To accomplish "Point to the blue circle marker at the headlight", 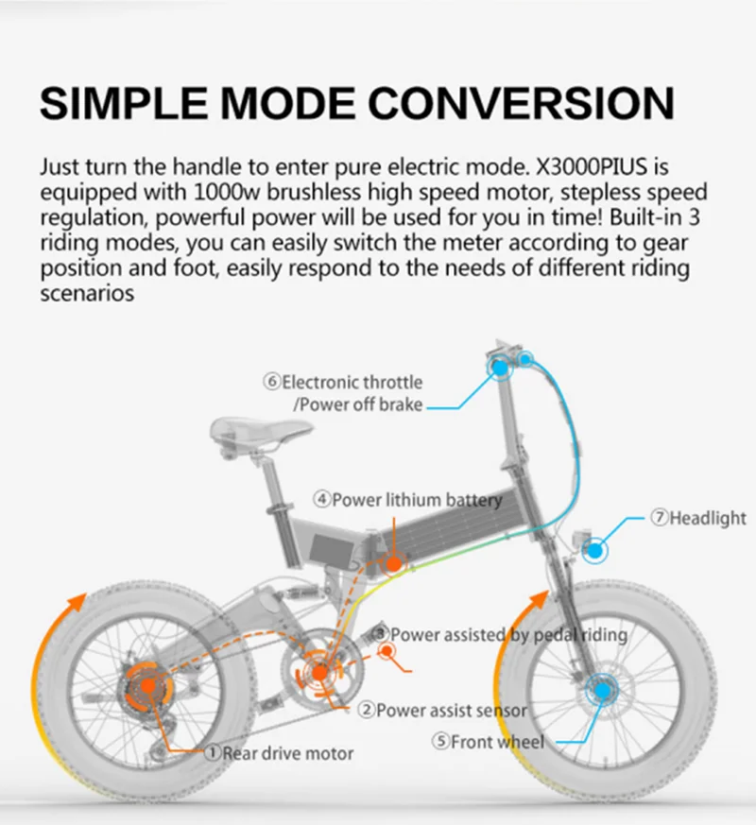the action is (x=596, y=548).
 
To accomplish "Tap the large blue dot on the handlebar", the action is (x=498, y=368).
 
